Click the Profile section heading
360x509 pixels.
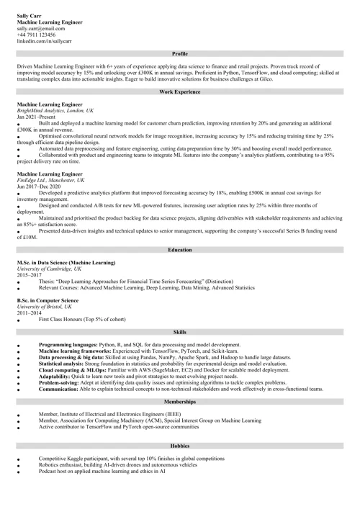(x=180, y=54)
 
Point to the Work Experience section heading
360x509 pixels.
(x=180, y=93)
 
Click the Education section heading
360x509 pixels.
(x=180, y=250)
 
